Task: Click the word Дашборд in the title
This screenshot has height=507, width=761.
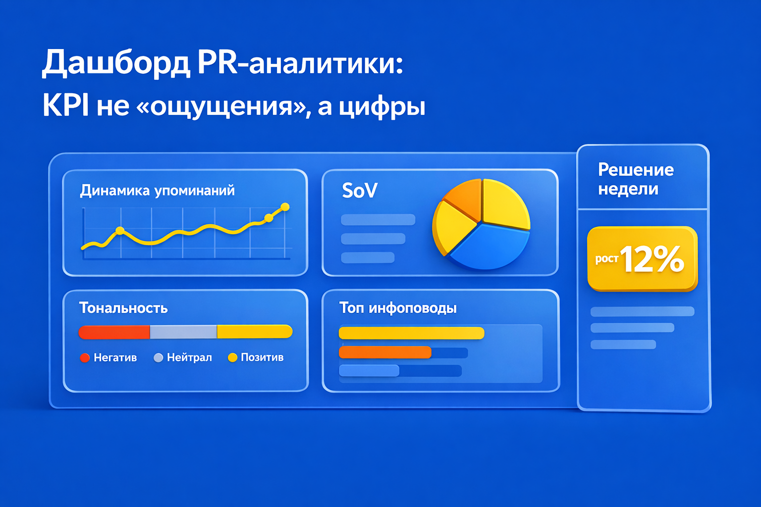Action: pos(115,63)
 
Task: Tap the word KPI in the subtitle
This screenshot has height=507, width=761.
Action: pos(65,105)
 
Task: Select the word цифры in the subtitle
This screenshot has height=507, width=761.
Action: pos(382,106)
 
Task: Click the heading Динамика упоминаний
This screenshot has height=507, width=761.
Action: pos(157,191)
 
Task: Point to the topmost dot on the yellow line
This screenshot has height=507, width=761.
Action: pos(285,207)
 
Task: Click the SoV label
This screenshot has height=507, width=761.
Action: pos(360,191)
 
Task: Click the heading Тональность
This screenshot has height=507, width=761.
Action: pos(123,308)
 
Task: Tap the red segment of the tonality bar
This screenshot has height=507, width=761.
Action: pos(114,332)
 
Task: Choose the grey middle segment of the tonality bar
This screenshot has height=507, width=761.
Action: pos(183,332)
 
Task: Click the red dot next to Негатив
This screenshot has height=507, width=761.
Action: pos(85,357)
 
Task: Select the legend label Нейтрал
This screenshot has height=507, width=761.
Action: pos(189,357)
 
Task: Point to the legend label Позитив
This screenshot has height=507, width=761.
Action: pos(262,357)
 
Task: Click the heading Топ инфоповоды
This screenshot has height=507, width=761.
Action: pos(398,308)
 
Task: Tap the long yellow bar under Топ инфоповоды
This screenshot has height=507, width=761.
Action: pos(411,333)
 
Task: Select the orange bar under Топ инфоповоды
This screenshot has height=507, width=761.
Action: pos(385,353)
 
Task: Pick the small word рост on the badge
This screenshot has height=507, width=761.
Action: pos(606,259)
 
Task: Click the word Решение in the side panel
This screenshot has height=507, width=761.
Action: pos(636,170)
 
